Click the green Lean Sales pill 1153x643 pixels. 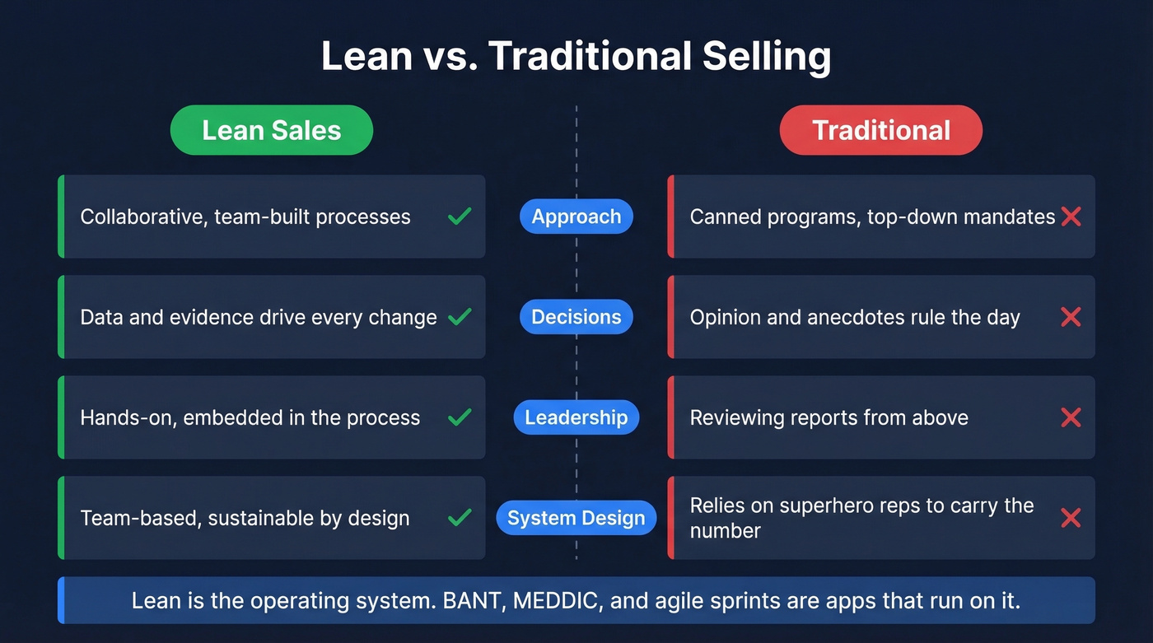tap(271, 130)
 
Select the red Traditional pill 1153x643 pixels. tap(880, 130)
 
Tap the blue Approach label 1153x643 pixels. tap(576, 217)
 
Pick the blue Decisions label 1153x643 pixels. tap(576, 317)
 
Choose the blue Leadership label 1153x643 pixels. tap(576, 417)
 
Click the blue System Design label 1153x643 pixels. tap(576, 518)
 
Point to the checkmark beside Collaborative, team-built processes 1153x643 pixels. tap(460, 217)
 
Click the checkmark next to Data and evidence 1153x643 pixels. tap(460, 317)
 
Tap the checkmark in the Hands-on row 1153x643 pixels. tap(460, 417)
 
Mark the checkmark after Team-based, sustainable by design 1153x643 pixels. tap(460, 518)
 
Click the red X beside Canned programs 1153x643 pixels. tap(1071, 217)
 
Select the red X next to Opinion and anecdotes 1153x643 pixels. tap(1071, 317)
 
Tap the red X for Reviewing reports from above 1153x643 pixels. tap(1071, 417)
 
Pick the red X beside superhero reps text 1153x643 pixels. tap(1071, 518)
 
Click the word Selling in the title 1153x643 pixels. tap(766, 57)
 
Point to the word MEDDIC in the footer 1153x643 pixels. tap(556, 600)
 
